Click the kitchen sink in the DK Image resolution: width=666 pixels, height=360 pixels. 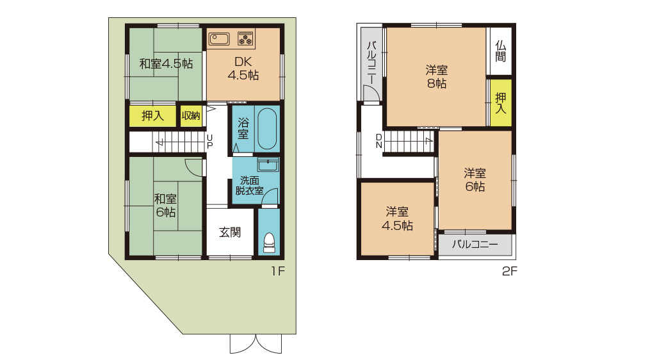coord(219,39)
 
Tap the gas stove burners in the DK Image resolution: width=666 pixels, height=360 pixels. coord(245,39)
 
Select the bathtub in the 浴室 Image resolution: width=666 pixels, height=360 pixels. coord(267,129)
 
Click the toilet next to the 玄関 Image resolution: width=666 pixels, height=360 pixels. coord(270,242)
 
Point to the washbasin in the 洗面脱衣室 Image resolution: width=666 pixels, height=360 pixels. coord(268,164)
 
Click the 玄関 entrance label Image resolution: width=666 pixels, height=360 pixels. coord(230,232)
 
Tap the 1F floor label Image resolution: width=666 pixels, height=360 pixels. coord(278,271)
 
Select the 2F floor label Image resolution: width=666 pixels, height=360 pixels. coord(510,271)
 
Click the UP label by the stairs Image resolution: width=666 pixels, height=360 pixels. coord(210,141)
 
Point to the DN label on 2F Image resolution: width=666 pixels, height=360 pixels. coord(379,141)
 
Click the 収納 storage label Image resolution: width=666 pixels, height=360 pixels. coord(191,115)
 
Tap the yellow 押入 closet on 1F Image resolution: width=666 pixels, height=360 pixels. coord(152,115)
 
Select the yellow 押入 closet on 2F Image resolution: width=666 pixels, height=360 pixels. coord(501,103)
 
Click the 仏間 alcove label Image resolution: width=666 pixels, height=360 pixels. coord(501,51)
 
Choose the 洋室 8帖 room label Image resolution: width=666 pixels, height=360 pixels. coord(437,76)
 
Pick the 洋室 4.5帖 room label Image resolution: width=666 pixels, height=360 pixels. coord(397,218)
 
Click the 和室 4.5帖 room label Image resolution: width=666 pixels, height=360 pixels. coord(166,64)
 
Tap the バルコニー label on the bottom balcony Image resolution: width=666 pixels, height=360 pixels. coord(475,245)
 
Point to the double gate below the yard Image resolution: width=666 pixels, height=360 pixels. coord(256,344)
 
